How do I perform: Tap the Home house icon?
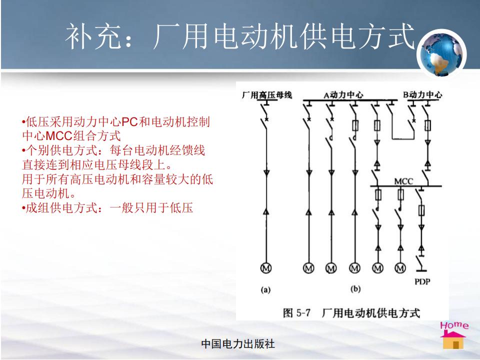pos(453,335)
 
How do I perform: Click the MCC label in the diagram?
pos(403,181)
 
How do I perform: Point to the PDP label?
pos(422,281)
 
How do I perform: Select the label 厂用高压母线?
pos(266,95)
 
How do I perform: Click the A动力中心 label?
pos(343,95)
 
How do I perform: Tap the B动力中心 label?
pos(422,94)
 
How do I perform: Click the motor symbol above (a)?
pos(265,268)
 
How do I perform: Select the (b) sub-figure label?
pos(355,288)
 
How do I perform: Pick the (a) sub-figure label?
pos(265,289)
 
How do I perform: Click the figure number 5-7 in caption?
pos(303,313)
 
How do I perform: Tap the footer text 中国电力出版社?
pos(238,344)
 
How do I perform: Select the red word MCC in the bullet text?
pos(59,136)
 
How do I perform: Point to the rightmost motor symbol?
pos(400,268)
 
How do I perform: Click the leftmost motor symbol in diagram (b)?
pos(308,268)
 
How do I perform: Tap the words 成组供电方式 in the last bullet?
pos(61,208)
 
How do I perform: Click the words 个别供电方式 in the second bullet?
pos(61,150)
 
